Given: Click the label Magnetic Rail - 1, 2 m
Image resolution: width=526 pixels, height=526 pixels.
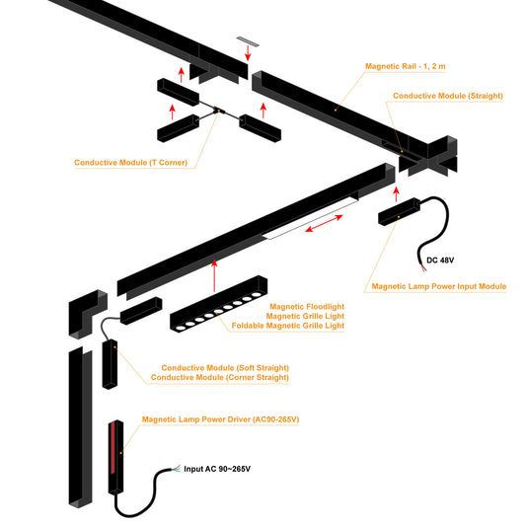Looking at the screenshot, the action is pyautogui.click(x=406, y=66).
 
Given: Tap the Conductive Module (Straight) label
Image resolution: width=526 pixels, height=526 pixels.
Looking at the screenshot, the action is pyautogui.click(x=448, y=96).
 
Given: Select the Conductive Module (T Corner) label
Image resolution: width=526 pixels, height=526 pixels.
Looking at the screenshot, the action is pyautogui.click(x=130, y=163).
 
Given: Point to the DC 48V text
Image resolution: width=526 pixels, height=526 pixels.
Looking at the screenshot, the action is pyautogui.click(x=440, y=260).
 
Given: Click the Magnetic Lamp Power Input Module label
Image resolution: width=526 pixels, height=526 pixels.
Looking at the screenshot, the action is pyautogui.click(x=439, y=286).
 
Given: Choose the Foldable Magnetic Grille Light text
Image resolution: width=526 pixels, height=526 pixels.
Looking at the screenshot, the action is pyautogui.click(x=288, y=326).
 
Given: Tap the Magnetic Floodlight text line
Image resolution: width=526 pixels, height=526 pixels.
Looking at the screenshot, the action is pyautogui.click(x=307, y=307).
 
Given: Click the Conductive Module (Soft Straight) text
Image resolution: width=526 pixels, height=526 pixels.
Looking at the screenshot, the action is pyautogui.click(x=225, y=368).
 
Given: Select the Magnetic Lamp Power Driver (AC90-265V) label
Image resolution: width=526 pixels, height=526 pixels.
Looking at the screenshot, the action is pyautogui.click(x=220, y=419).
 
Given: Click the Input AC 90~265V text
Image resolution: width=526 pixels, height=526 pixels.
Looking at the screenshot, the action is pyautogui.click(x=217, y=469).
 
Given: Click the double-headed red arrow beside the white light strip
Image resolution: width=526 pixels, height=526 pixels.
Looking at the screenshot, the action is pyautogui.click(x=324, y=223).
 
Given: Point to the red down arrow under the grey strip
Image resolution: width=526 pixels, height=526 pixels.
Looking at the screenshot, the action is pyautogui.click(x=248, y=53).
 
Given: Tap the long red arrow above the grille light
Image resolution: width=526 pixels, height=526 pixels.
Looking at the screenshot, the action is pyautogui.click(x=214, y=275).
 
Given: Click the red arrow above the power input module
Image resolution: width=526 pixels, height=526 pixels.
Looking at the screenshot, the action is pyautogui.click(x=396, y=194).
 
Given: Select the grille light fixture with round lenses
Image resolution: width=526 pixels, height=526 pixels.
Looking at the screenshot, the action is pyautogui.click(x=219, y=304).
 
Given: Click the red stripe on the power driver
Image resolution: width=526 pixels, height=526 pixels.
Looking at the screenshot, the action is pyautogui.click(x=113, y=448).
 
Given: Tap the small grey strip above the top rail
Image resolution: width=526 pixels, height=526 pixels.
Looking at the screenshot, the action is pyautogui.click(x=248, y=41).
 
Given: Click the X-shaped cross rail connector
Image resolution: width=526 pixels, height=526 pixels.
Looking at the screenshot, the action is pyautogui.click(x=428, y=156).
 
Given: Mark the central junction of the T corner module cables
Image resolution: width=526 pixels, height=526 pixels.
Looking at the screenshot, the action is pyautogui.click(x=219, y=110).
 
